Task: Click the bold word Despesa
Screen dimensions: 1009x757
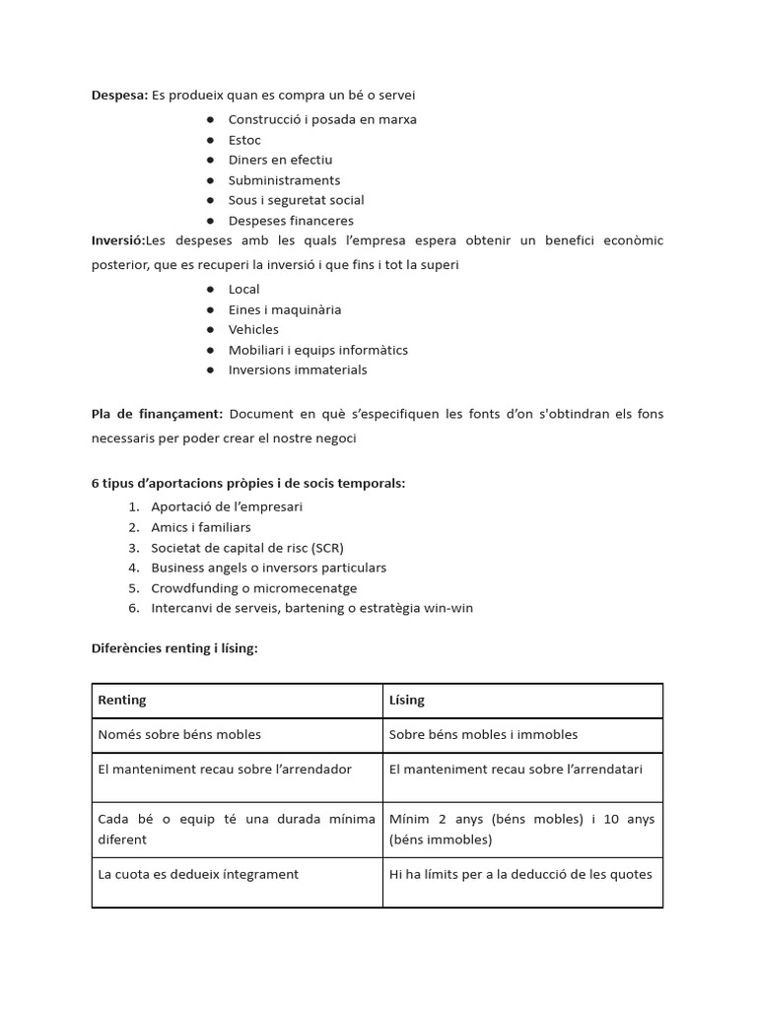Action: point(119,95)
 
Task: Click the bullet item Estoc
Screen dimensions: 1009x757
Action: point(244,140)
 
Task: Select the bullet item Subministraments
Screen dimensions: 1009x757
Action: point(284,180)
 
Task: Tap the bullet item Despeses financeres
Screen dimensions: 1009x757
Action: point(291,221)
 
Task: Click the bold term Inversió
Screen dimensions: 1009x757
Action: point(117,240)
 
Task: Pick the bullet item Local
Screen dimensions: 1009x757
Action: point(243,289)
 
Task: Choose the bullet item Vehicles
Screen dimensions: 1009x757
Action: point(253,329)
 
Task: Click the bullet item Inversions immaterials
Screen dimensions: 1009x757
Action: point(298,370)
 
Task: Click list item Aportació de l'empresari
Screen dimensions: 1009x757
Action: point(227,506)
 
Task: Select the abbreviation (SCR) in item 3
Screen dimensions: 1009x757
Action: point(325,548)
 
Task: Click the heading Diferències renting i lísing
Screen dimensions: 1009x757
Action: point(174,648)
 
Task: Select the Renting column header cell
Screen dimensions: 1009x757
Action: point(237,701)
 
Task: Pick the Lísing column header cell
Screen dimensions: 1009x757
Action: point(522,701)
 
